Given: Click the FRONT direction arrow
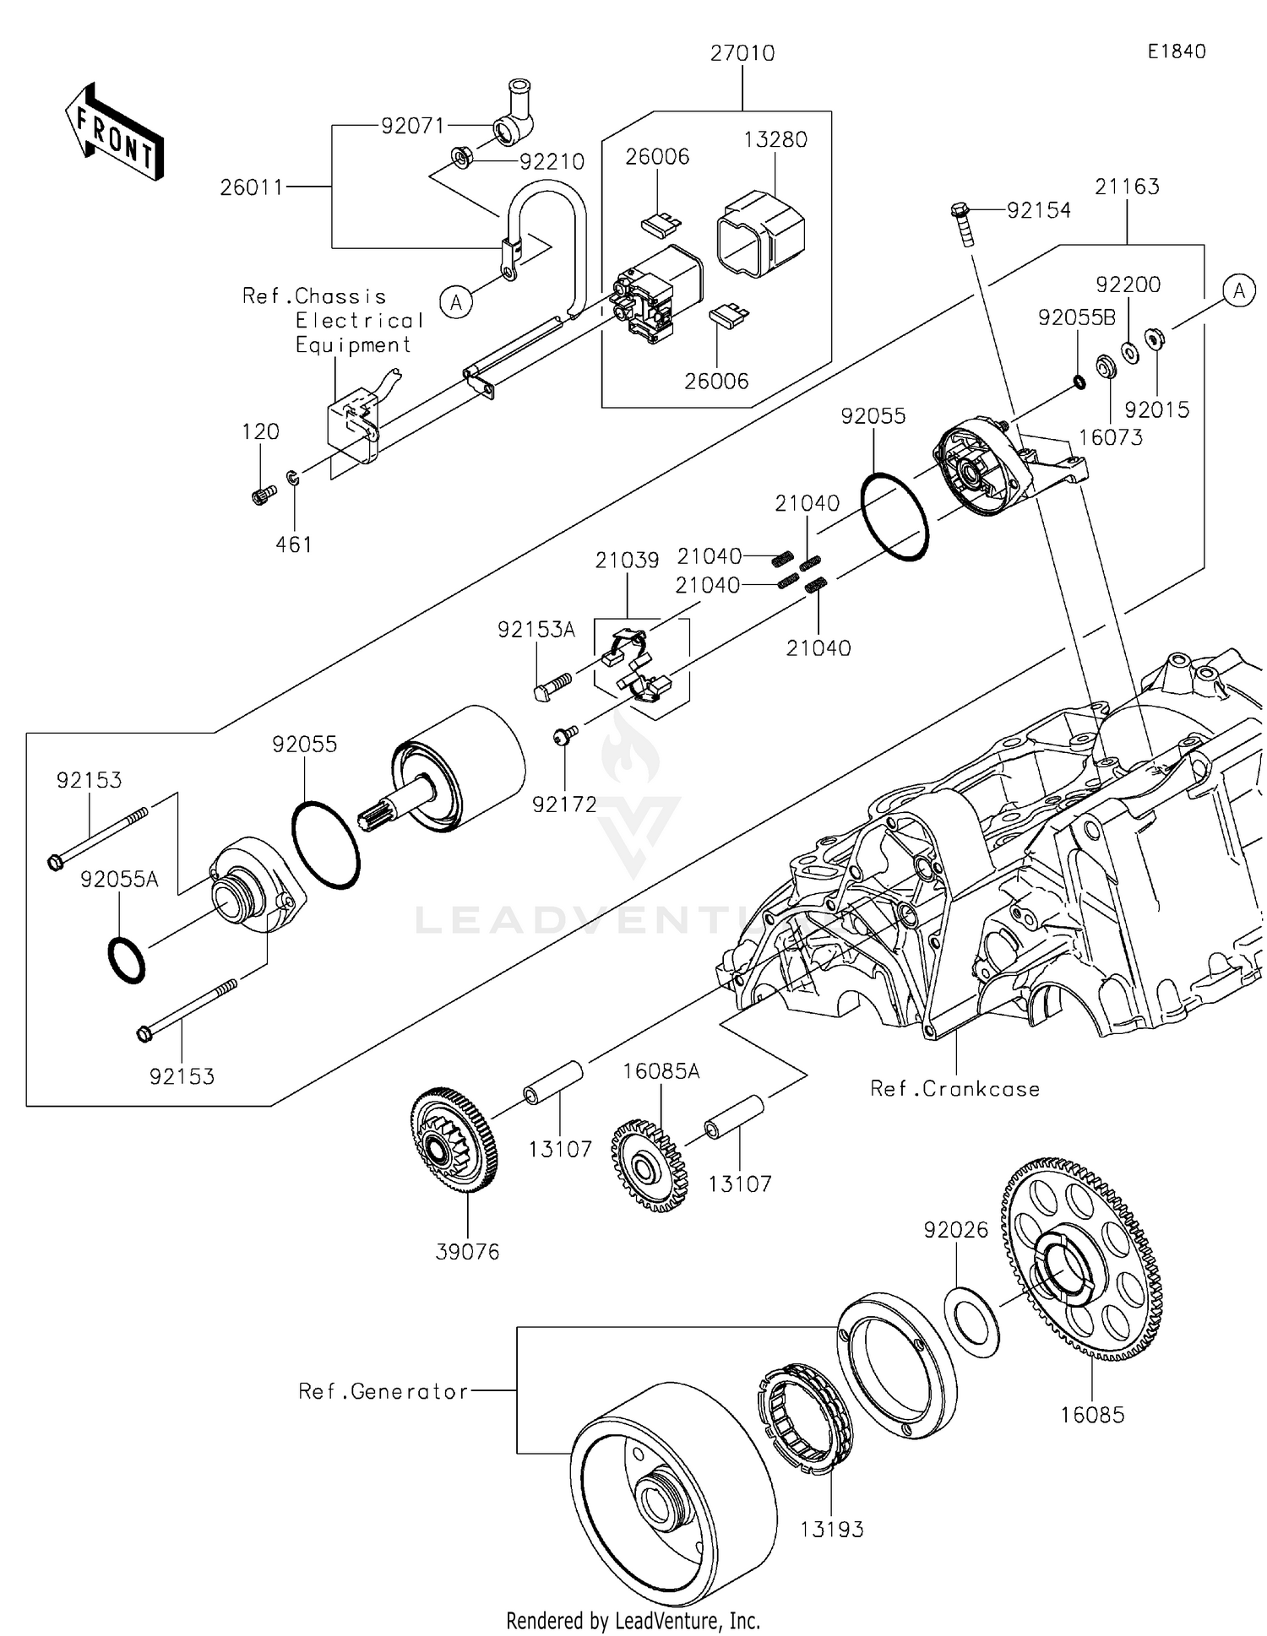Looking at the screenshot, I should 113,133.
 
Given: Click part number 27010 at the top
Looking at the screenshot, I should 742,53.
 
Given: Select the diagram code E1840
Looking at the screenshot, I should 1176,51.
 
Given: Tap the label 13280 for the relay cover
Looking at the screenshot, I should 775,139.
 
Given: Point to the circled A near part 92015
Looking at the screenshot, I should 1238,291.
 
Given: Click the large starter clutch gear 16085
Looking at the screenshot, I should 1080,1260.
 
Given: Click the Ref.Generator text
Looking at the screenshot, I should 383,1391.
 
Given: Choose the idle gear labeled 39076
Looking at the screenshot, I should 454,1140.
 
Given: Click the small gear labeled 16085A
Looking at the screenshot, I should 649,1166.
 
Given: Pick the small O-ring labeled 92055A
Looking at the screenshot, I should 127,959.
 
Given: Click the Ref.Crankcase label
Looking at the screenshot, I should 954,1089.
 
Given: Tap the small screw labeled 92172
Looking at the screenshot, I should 564,736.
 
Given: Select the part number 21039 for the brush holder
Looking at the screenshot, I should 627,561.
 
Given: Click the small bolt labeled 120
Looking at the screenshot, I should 264,495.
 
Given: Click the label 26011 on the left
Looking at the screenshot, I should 252,187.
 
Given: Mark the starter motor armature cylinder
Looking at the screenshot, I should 460,769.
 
